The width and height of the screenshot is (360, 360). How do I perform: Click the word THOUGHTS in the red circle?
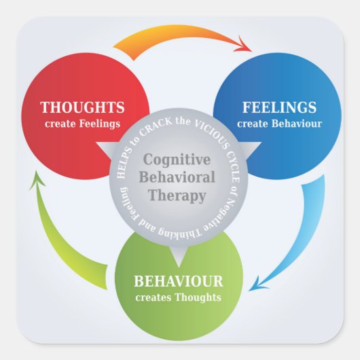(83, 108)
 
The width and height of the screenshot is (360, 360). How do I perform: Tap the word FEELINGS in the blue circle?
(280, 108)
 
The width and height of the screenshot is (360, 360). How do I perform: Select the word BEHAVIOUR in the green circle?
(179, 281)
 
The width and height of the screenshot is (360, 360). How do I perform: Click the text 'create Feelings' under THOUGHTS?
(83, 124)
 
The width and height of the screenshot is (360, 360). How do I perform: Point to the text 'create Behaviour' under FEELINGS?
(280, 124)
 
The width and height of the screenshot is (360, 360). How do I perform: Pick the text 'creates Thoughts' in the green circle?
(179, 297)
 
